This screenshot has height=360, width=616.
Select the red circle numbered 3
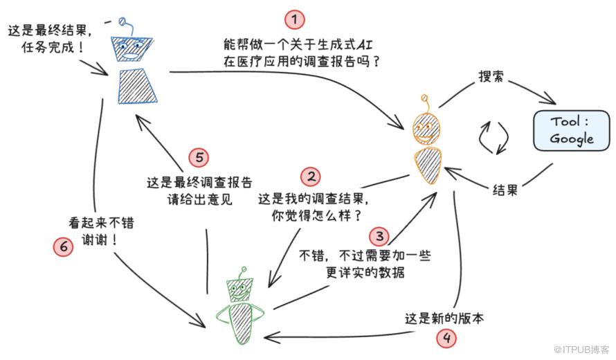click(x=378, y=235)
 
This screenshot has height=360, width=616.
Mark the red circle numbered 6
click(x=63, y=246)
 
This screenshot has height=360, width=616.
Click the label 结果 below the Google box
click(x=505, y=190)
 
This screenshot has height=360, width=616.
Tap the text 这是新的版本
click(x=444, y=318)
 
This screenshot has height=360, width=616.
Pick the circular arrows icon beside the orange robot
click(x=496, y=138)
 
